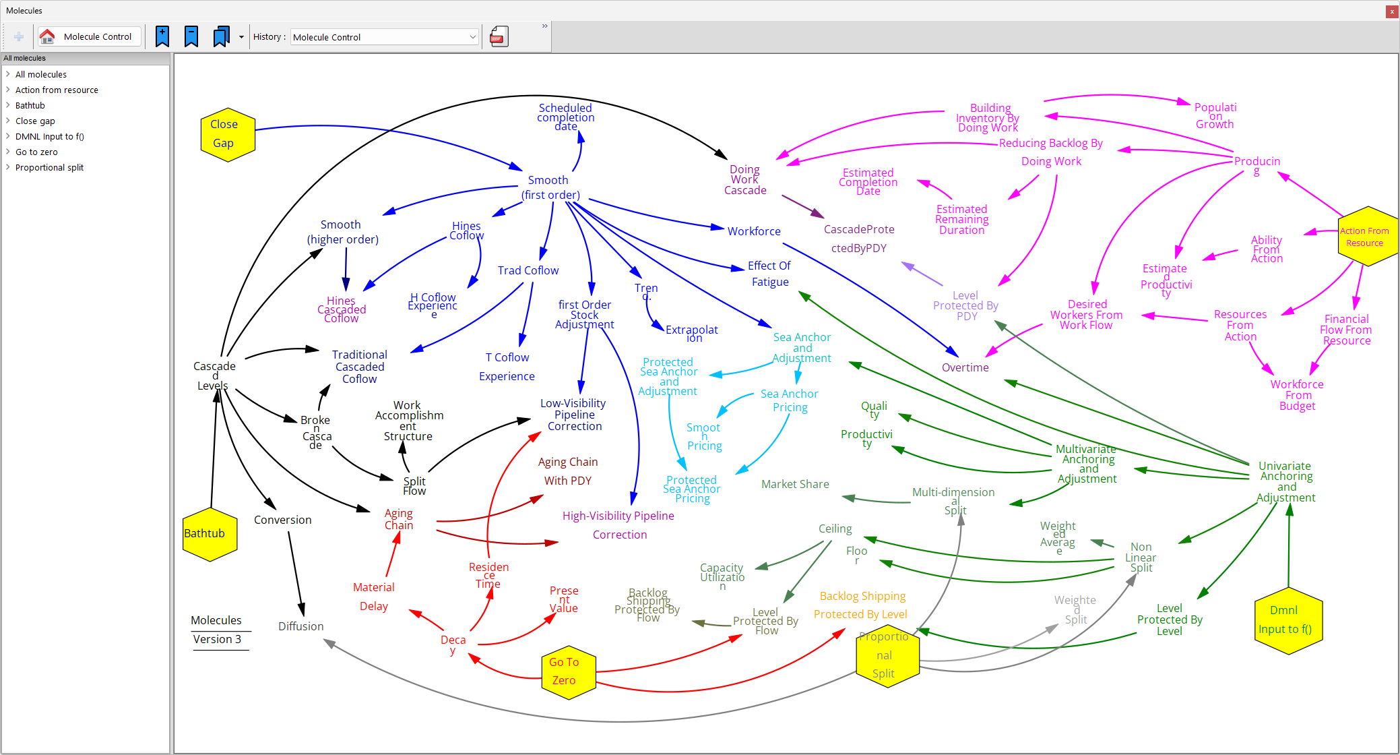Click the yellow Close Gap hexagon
(x=228, y=135)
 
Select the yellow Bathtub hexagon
(x=210, y=534)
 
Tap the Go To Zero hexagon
(x=568, y=672)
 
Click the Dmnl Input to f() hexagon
(x=1287, y=620)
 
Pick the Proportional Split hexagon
(x=887, y=655)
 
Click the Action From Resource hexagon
(x=1366, y=237)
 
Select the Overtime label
(x=965, y=367)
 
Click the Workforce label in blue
(x=754, y=231)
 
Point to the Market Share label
(x=795, y=484)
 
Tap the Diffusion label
(x=300, y=626)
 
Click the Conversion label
(x=282, y=520)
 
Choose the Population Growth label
(x=1215, y=115)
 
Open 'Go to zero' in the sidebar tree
(x=36, y=152)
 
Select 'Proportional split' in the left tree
(x=49, y=167)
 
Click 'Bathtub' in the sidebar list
(x=30, y=105)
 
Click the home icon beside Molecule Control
(x=47, y=36)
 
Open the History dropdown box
(x=385, y=37)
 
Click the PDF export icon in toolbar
(x=499, y=36)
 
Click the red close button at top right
(x=1392, y=11)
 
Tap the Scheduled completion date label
(x=565, y=117)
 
